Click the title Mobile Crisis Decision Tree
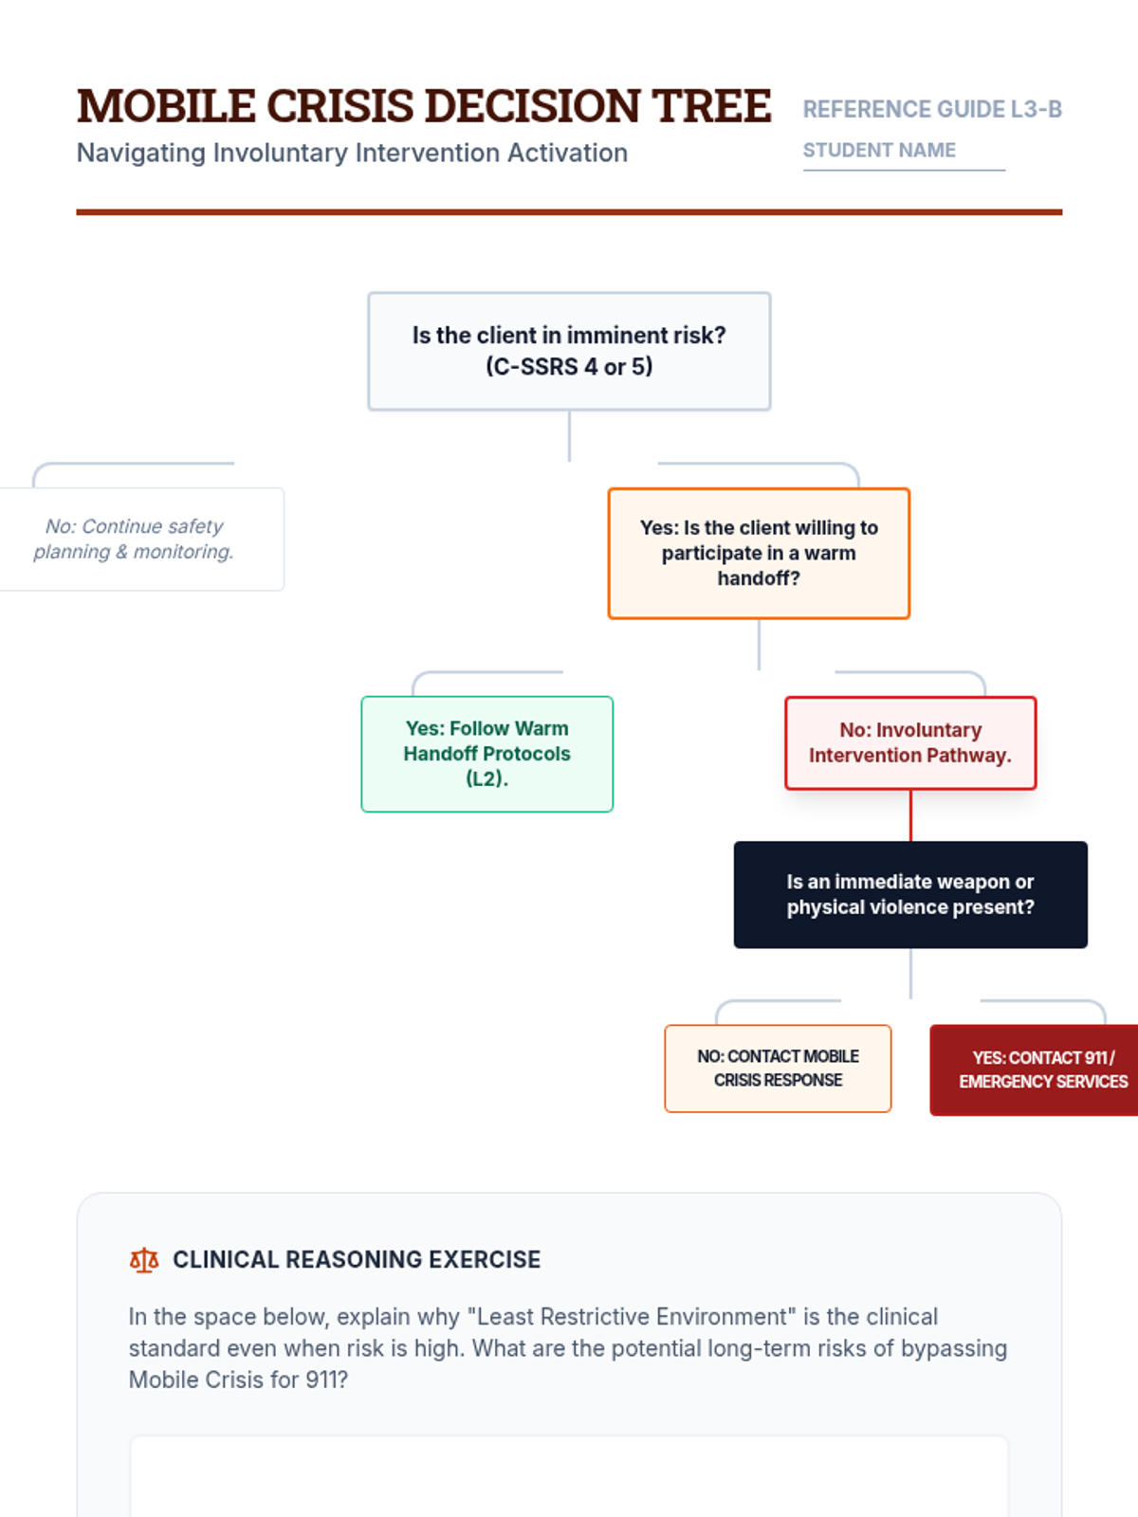click(423, 106)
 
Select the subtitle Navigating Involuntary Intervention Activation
click(352, 153)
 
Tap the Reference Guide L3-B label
click(931, 109)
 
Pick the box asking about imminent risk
click(569, 351)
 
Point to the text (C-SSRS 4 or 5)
click(569, 367)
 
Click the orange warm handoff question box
click(759, 553)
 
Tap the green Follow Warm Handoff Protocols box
click(486, 754)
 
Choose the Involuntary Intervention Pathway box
click(910, 742)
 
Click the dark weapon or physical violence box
click(910, 894)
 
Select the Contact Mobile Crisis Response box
click(778, 1068)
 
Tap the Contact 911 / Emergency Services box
click(1038, 1069)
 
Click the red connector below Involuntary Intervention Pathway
click(910, 814)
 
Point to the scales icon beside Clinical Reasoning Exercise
click(144, 1260)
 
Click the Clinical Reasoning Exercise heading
click(357, 1259)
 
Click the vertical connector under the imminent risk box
click(569, 435)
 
